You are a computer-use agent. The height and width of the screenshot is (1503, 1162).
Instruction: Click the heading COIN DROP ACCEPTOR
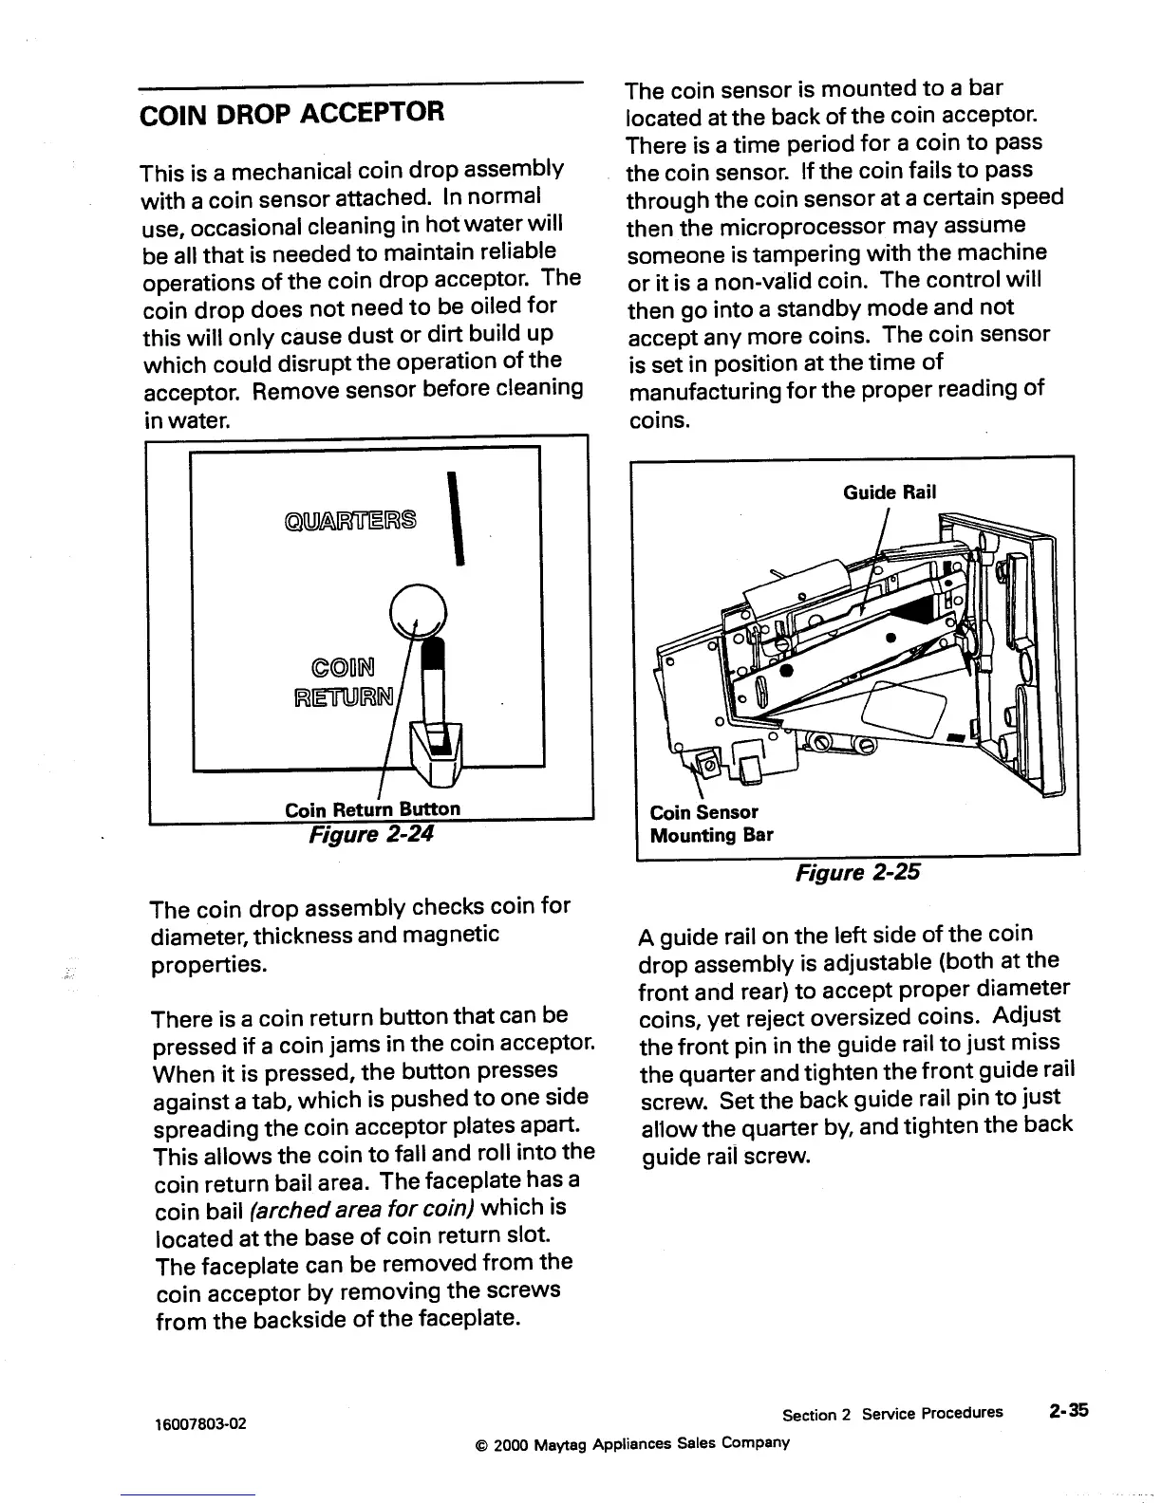click(291, 114)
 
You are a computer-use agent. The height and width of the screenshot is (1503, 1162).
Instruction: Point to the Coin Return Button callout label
click(372, 809)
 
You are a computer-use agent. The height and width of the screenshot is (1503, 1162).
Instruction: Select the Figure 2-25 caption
click(857, 872)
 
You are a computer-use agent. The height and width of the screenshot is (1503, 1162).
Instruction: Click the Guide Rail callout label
click(890, 492)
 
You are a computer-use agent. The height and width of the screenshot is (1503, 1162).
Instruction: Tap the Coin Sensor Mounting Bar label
click(710, 824)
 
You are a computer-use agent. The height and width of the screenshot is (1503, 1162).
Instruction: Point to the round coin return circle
click(418, 607)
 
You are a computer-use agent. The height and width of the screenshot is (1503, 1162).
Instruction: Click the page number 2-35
click(1068, 1411)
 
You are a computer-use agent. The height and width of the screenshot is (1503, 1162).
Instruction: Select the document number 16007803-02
click(200, 1423)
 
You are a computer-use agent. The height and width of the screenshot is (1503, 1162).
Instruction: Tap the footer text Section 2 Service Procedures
click(891, 1413)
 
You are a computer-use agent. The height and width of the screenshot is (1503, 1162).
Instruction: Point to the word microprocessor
click(839, 226)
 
